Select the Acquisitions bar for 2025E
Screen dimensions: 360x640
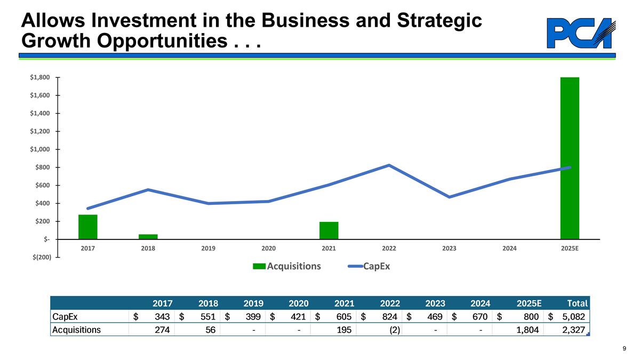pos(569,158)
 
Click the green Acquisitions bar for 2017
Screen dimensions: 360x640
pos(88,227)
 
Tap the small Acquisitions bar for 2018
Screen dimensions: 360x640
pos(148,236)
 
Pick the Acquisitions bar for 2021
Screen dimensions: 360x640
pos(329,230)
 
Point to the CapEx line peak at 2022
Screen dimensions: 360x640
pos(389,165)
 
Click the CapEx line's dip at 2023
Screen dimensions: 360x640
pos(450,197)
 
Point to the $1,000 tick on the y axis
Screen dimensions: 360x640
pos(41,149)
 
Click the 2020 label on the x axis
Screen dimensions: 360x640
pos(268,249)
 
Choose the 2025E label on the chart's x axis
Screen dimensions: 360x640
pos(569,249)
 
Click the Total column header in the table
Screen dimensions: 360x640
pos(577,303)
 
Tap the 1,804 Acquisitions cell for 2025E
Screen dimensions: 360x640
pos(527,330)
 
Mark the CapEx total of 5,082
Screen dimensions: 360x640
pos(574,317)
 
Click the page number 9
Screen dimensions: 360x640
pos(624,349)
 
